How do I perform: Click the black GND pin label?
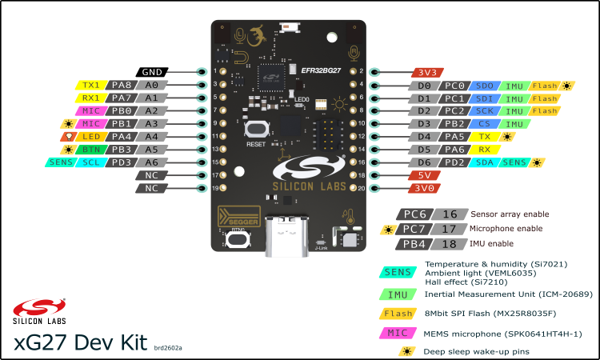pos(152,71)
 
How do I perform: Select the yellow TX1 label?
pos(90,85)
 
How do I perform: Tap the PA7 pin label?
pos(122,98)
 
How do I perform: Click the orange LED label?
pos(90,136)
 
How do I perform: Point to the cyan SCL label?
pos(90,162)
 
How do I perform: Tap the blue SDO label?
pos(485,85)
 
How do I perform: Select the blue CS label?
pos(485,124)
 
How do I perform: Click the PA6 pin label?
pos(454,150)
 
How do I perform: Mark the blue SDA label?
pos(485,162)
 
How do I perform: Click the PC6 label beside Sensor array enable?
pos(416,214)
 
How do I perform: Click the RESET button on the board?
pos(256,130)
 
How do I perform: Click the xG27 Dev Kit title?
pos(81,342)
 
